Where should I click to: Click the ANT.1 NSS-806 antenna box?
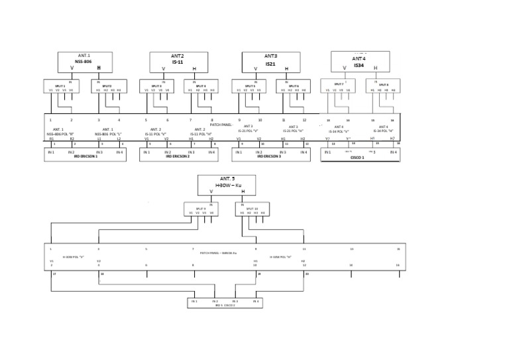85,62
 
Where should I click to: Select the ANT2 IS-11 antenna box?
178,62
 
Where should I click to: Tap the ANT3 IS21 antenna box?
270,62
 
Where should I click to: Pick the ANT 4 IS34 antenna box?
359,62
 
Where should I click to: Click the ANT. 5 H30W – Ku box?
227,185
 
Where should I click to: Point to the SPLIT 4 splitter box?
201,86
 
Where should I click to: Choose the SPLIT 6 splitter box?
293,86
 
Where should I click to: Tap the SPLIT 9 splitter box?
201,210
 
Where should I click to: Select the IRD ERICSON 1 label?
85,157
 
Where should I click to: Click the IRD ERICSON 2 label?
178,157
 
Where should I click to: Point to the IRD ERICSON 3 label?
270,157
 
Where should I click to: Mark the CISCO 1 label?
358,158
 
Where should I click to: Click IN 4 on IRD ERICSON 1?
119,152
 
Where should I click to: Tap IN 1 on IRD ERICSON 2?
146,152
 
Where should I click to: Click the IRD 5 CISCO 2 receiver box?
225,303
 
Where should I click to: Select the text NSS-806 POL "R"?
60,134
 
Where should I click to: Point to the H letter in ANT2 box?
194,69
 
